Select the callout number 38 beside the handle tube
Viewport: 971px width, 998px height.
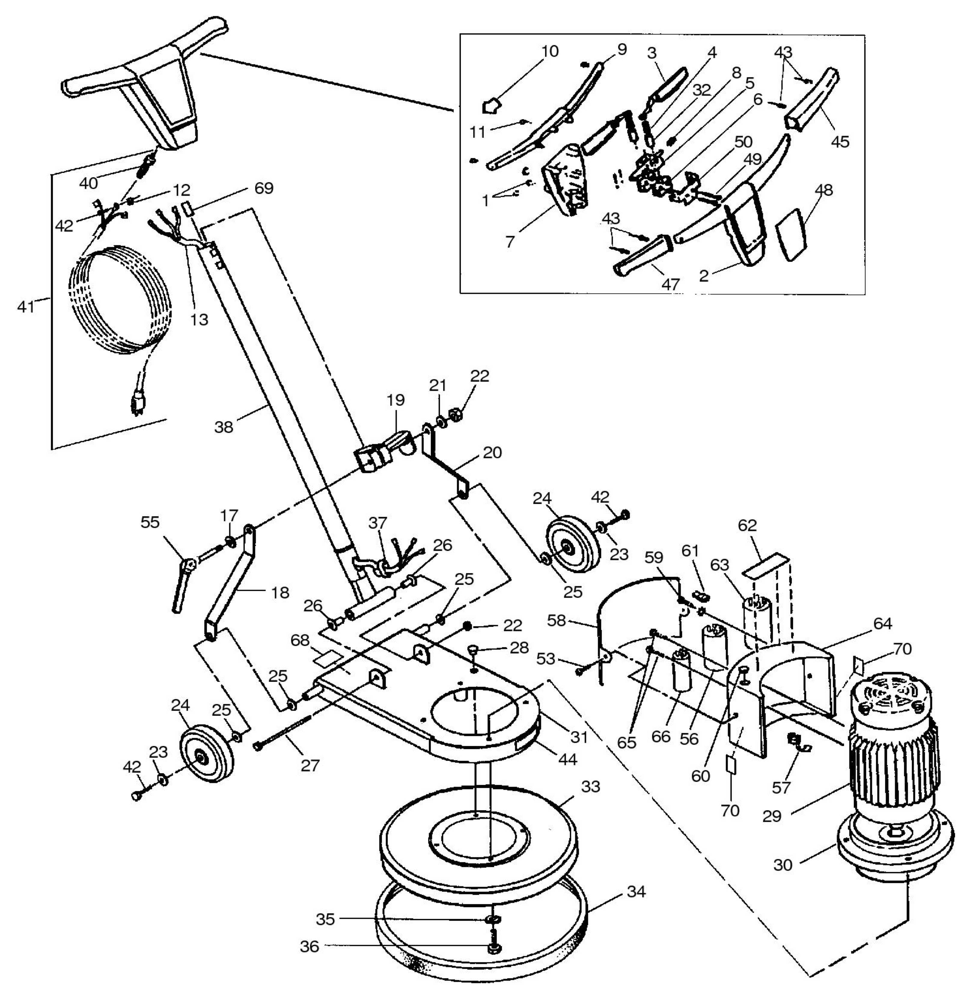(x=223, y=427)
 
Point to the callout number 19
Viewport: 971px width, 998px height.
(x=396, y=400)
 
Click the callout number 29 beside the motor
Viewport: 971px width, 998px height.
(x=771, y=816)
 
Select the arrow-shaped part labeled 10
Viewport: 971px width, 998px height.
(x=492, y=106)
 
